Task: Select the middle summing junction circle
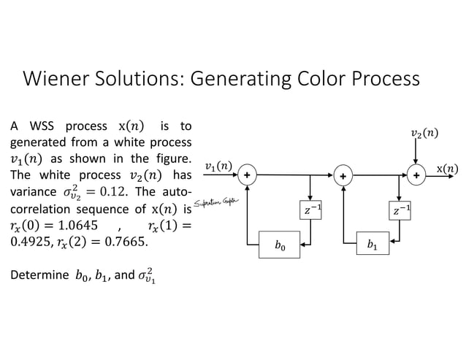pyautogui.click(x=342, y=176)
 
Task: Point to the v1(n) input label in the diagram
pyautogui.click(x=218, y=166)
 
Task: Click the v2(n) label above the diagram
pyautogui.click(x=424, y=133)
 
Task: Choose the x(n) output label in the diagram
pyautogui.click(x=447, y=169)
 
